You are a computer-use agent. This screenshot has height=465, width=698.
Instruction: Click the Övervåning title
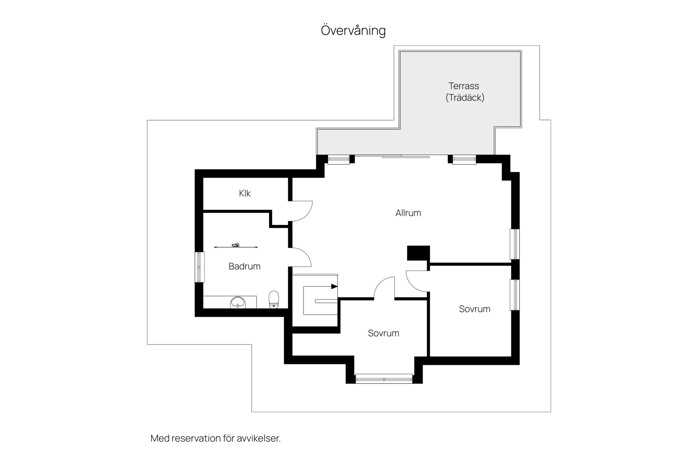(353, 31)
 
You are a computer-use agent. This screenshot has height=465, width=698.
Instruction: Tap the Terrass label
(464, 86)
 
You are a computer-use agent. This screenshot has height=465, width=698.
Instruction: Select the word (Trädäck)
(465, 98)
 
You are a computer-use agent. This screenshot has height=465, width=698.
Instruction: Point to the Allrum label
(408, 213)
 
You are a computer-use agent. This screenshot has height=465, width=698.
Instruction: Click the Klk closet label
(245, 193)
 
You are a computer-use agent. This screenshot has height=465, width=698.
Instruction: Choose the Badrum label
(244, 266)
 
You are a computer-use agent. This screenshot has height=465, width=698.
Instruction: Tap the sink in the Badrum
(238, 302)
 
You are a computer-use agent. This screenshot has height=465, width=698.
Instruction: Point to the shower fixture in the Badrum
(236, 246)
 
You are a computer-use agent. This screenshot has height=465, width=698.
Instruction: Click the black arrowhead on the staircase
(334, 287)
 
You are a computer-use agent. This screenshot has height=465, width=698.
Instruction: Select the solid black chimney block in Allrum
(418, 253)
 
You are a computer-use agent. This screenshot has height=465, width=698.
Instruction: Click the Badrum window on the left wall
(199, 267)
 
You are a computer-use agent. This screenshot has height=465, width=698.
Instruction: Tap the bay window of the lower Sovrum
(384, 379)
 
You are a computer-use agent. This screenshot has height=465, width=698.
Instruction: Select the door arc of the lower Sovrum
(380, 283)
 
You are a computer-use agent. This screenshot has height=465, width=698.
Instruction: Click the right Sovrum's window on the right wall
(514, 295)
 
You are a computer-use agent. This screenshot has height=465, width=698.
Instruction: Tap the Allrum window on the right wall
(514, 244)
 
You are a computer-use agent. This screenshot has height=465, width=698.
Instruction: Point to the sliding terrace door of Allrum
(406, 157)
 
